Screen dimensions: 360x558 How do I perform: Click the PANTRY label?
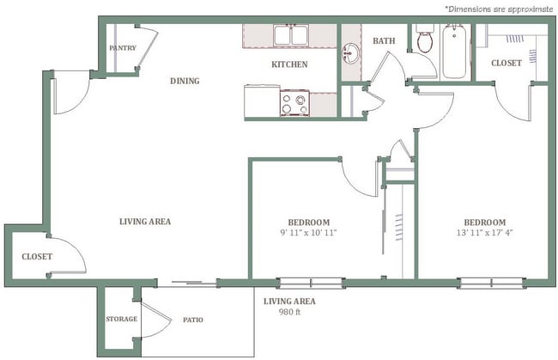click(x=121, y=48)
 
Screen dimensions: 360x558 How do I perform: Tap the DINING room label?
click(x=185, y=82)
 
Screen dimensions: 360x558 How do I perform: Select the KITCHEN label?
click(x=289, y=64)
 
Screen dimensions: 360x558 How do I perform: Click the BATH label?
click(x=383, y=40)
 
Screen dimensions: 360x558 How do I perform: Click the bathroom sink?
click(x=350, y=53)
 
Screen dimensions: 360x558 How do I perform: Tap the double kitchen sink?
click(x=292, y=36)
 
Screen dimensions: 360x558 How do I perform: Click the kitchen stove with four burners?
click(x=292, y=103)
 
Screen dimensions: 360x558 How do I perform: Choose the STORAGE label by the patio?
click(x=121, y=320)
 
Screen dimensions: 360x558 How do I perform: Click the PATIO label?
click(x=192, y=320)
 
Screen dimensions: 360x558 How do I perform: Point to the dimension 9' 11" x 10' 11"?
click(x=307, y=233)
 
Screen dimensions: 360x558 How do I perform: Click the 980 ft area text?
click(x=289, y=313)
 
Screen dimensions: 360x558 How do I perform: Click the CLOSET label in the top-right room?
click(x=506, y=63)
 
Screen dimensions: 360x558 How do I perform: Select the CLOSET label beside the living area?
click(x=37, y=257)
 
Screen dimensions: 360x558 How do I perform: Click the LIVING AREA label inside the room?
click(x=144, y=222)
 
